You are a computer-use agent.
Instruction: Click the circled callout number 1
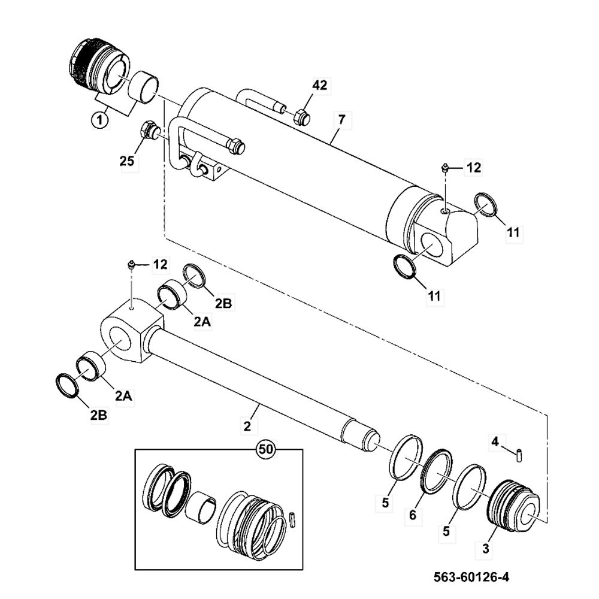[99, 120]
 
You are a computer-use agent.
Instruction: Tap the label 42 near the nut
[319, 86]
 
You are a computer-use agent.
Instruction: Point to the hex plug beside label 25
[147, 130]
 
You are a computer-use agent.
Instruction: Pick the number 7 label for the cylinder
[340, 120]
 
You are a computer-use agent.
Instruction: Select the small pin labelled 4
[518, 453]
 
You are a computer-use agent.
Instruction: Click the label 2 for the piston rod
[247, 426]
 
